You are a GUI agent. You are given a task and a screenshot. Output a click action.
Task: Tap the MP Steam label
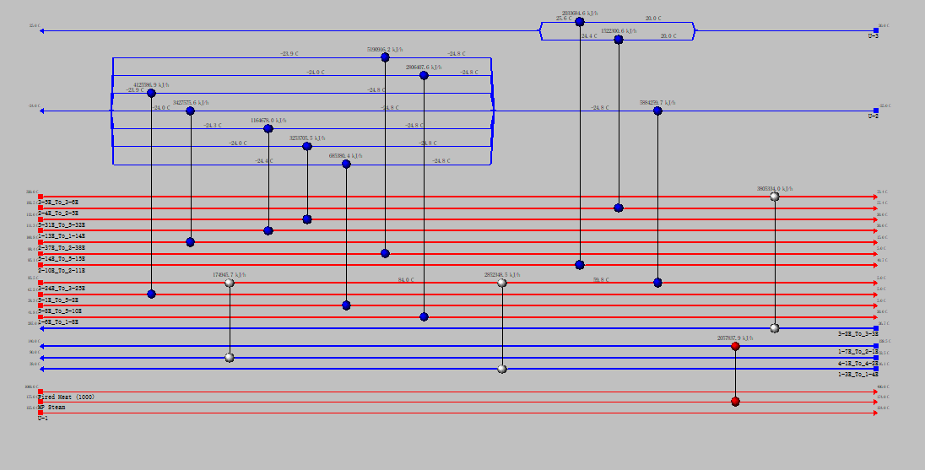point(51,407)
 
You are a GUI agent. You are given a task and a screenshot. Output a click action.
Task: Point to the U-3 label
point(873,36)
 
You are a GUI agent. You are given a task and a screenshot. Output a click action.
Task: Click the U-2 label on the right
point(873,116)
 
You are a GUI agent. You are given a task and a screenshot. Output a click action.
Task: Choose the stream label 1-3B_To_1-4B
point(857,374)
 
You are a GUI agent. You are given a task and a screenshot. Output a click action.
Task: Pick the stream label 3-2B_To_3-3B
point(857,334)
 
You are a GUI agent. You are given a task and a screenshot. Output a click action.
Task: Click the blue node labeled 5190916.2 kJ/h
point(385,57)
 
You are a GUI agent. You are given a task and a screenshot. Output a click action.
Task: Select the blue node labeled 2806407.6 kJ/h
point(424,75)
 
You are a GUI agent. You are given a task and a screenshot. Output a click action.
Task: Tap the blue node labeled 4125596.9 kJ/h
point(151,93)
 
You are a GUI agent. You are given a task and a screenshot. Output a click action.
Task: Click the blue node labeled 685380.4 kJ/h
point(346,164)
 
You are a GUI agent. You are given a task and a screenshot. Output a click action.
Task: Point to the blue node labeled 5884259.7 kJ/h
point(657,111)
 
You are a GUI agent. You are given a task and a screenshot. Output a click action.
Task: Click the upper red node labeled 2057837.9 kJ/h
point(735,346)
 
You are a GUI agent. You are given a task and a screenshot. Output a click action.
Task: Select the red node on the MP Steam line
point(735,402)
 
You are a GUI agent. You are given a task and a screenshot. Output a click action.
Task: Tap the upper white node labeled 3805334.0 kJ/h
point(775,197)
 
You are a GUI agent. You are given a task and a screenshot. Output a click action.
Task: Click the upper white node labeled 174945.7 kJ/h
point(230,283)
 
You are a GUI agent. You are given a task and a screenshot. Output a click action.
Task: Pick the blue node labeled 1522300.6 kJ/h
point(619,39)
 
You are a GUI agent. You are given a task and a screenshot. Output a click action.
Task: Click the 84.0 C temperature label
point(406,279)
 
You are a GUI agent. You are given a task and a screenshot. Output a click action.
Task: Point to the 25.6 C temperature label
point(563,18)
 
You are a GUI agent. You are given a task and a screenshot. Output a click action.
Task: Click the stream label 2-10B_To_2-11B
point(61,271)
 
